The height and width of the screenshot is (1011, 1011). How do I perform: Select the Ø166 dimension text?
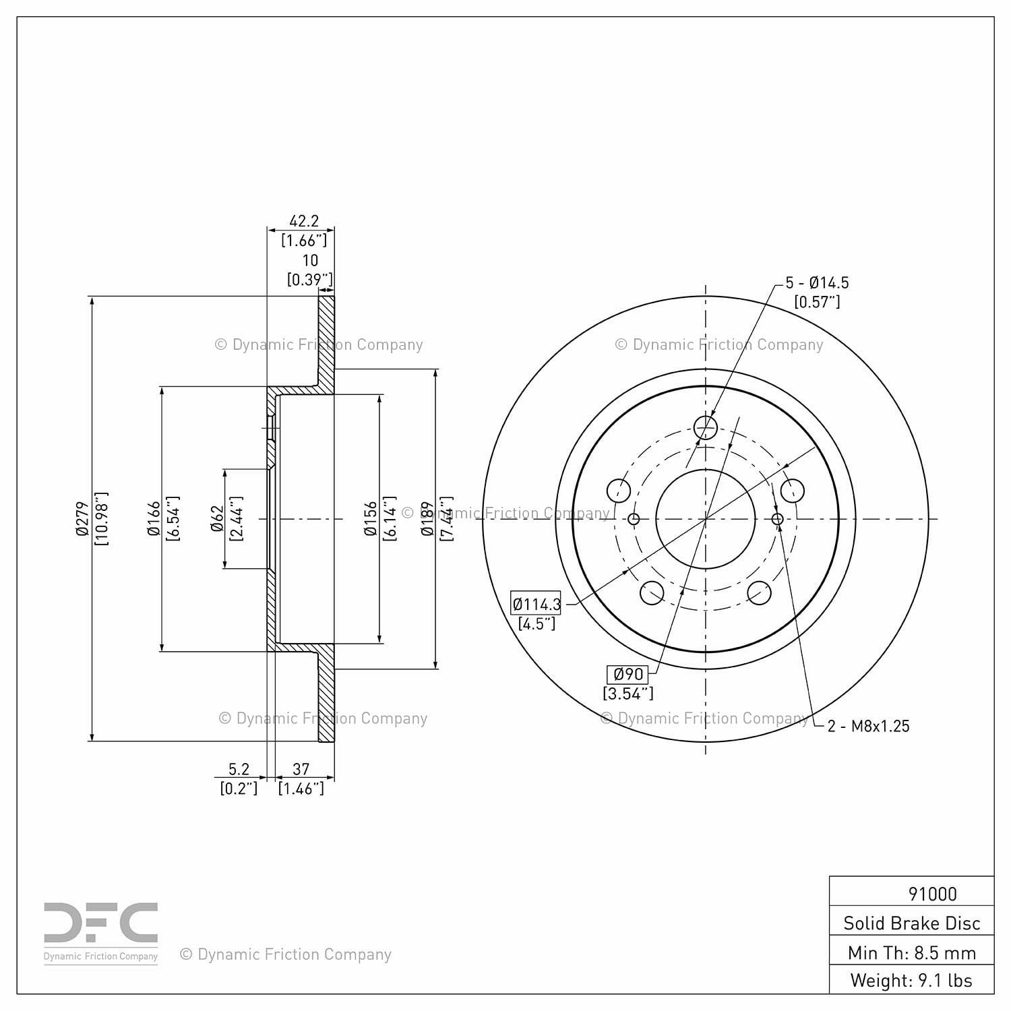click(x=154, y=519)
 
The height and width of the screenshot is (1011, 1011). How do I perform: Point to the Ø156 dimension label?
click(x=371, y=519)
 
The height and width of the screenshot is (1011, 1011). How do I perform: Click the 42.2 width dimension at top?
click(x=303, y=221)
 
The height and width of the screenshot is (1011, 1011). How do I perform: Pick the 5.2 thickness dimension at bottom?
click(x=239, y=769)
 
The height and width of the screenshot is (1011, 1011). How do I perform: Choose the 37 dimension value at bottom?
click(x=301, y=769)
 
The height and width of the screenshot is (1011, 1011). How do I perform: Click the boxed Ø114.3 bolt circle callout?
click(x=537, y=604)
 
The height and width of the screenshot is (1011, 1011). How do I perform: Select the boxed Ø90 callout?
click(x=628, y=673)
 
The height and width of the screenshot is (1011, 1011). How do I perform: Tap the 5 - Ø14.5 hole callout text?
click(x=817, y=283)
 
